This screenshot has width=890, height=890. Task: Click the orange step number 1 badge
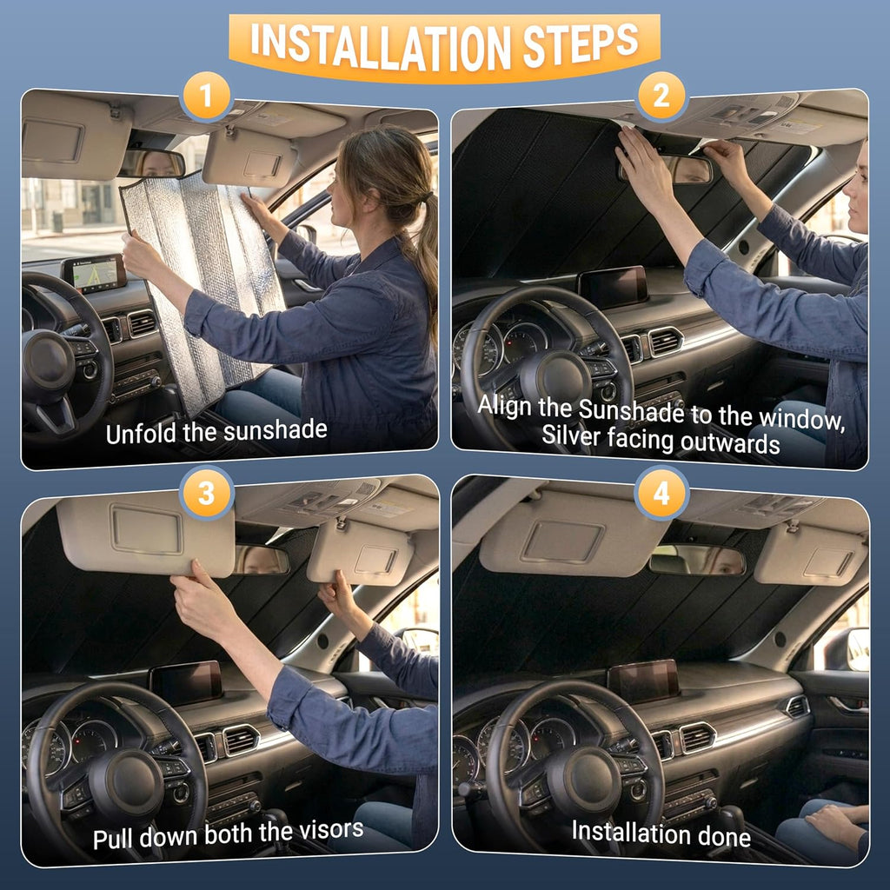click(206, 96)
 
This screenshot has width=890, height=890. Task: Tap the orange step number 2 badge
click(661, 96)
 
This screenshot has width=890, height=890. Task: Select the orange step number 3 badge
click(206, 493)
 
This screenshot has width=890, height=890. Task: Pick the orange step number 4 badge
click(661, 493)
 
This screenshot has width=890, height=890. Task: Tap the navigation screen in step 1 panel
click(94, 274)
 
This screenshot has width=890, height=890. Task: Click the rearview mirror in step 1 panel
click(151, 163)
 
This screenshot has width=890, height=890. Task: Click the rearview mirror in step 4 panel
click(696, 561)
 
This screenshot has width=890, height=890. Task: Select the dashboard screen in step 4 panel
click(644, 681)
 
